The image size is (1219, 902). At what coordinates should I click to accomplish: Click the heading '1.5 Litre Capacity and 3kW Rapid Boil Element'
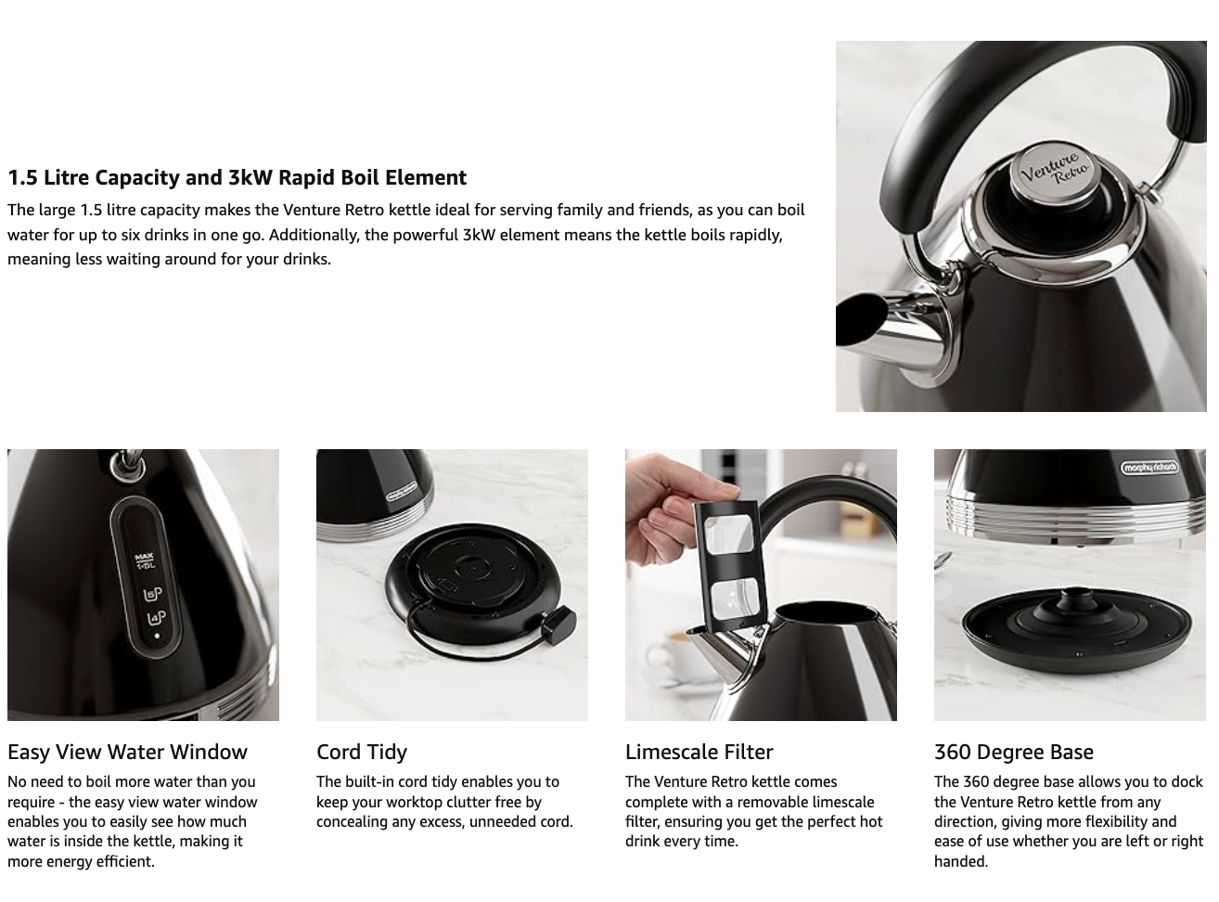coord(237,177)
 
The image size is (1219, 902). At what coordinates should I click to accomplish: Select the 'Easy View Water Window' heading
coord(127,752)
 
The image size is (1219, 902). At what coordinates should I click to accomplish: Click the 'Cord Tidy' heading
coord(362,752)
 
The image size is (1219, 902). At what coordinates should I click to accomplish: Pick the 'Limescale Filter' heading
coord(699,752)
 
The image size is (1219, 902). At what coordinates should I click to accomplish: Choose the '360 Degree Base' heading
coord(1013,752)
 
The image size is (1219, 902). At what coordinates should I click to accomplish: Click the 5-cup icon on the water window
coord(153,595)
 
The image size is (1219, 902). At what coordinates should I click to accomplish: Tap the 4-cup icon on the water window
coord(154,619)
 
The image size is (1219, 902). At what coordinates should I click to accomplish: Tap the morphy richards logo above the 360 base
coord(1148,468)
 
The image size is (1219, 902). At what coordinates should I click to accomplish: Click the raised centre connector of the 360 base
coord(1072,604)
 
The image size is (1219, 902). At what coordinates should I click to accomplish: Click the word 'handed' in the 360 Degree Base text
coord(959,861)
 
